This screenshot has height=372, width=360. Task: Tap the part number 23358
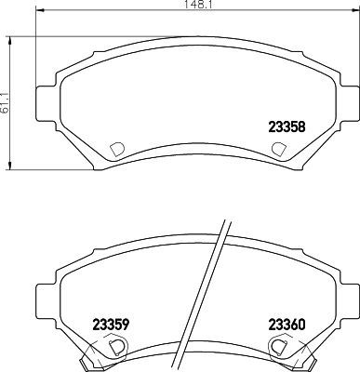(x=287, y=129)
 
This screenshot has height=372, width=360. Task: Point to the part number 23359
(x=111, y=325)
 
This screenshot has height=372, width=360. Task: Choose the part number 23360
(x=287, y=325)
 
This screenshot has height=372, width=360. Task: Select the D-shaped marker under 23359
(x=116, y=345)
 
